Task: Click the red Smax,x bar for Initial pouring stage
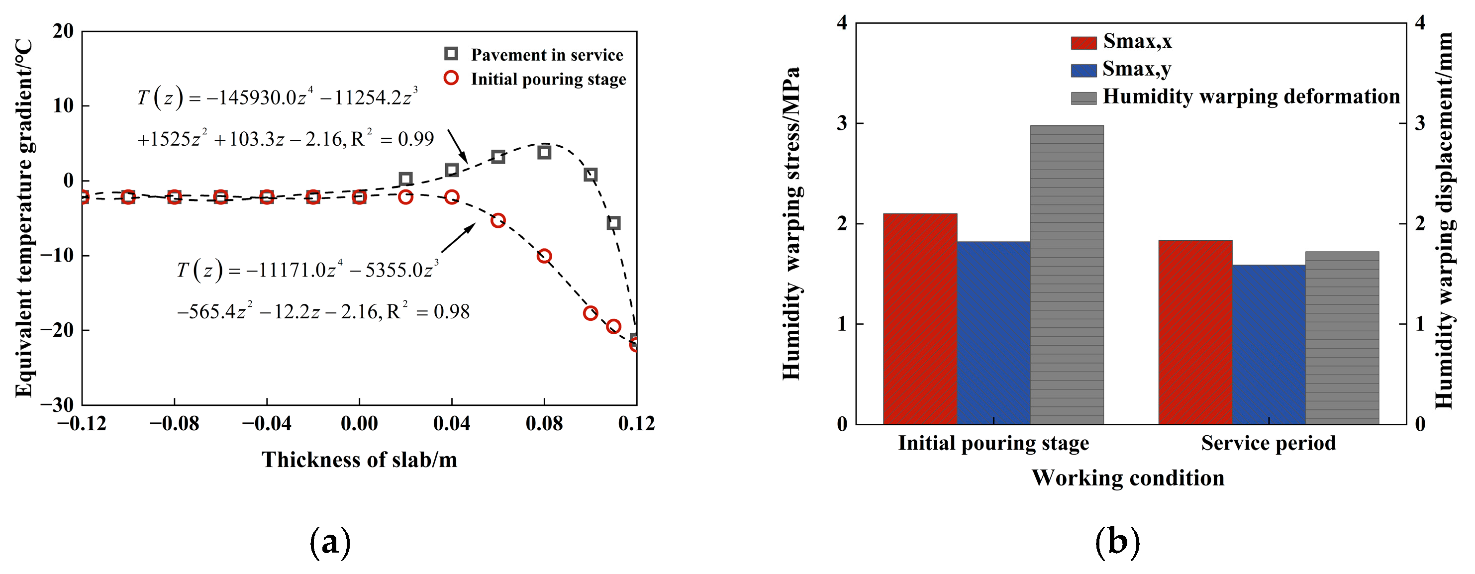(x=920, y=319)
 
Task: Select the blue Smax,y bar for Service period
(x=1268, y=345)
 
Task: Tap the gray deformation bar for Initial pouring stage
(x=1067, y=275)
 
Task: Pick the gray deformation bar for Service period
(x=1342, y=338)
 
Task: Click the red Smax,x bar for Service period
(x=1195, y=332)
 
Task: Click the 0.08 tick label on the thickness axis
(x=544, y=424)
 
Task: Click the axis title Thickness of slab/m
(x=360, y=460)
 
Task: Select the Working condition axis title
(x=1128, y=478)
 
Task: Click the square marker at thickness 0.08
(x=544, y=152)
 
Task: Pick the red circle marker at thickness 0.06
(x=497, y=220)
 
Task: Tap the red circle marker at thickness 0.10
(x=590, y=313)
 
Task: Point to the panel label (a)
(x=330, y=541)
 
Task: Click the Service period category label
(x=1268, y=443)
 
